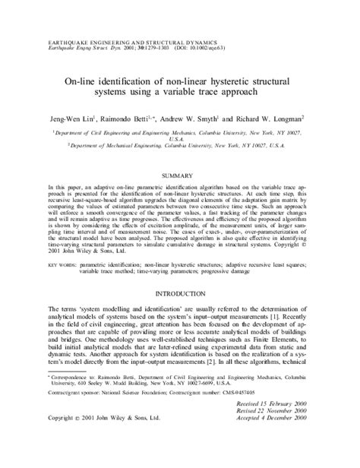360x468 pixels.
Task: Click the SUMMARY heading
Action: (x=180, y=174)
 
